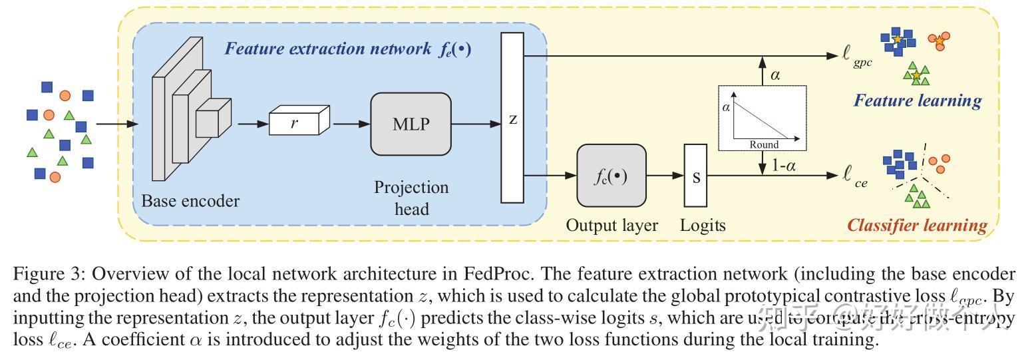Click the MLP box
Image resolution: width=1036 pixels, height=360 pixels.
coord(411,123)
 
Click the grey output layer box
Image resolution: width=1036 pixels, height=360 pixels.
coord(611,176)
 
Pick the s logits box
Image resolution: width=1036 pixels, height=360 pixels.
coord(695,176)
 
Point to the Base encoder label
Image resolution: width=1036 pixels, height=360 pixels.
coord(190,200)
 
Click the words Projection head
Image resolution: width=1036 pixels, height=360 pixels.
coord(411,198)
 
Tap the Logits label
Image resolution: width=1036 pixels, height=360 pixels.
coord(703,226)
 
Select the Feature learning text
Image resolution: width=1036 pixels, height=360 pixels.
coord(917,100)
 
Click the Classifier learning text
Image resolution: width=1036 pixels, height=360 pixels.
coord(917,225)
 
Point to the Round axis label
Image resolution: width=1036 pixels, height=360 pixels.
coord(763,144)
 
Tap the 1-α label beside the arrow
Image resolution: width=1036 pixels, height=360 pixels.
coord(785,166)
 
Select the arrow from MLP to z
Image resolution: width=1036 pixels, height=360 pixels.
coord(475,124)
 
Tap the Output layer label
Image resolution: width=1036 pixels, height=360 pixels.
coord(611,226)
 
